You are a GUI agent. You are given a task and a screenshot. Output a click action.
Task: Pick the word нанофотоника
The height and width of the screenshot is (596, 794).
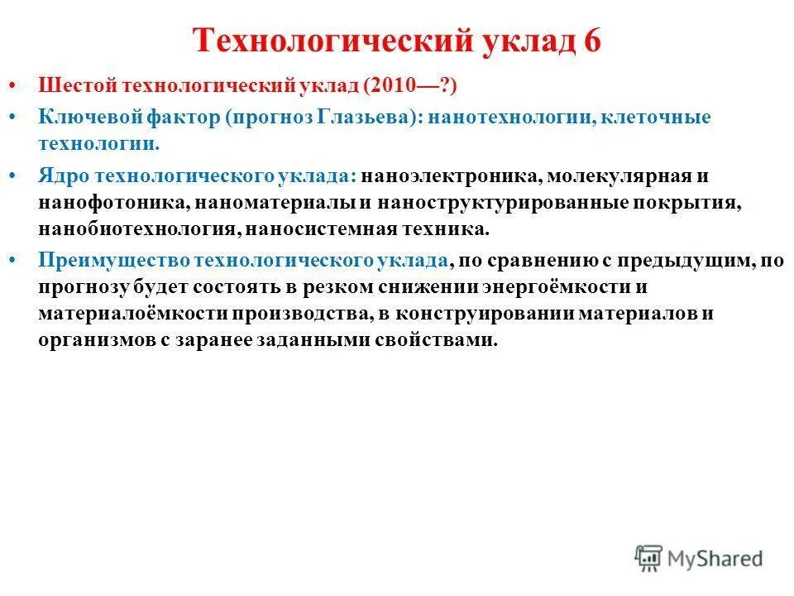click(93, 203)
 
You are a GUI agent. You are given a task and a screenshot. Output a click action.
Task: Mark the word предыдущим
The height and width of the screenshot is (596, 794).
click(669, 260)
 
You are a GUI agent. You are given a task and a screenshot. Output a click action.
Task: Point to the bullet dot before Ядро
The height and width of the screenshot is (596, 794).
click(21, 176)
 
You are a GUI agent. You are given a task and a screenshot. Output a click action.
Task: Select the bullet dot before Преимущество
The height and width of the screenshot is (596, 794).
click(21, 260)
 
